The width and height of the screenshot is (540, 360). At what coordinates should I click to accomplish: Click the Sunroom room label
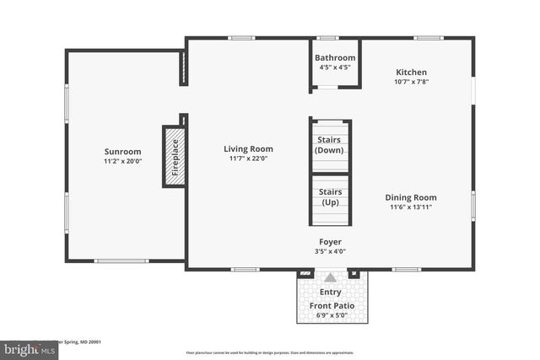click(x=122, y=152)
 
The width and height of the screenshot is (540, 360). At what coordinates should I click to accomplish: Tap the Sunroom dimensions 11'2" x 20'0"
click(x=122, y=161)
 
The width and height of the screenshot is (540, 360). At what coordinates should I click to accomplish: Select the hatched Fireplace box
click(x=174, y=155)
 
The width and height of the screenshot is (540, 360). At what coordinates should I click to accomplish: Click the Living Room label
click(x=248, y=149)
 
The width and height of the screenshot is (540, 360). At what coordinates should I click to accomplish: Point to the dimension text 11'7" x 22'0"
click(x=248, y=159)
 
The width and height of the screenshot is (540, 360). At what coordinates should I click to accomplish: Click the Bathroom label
click(x=335, y=58)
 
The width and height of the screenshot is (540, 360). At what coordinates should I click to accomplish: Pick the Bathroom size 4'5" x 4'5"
click(x=335, y=67)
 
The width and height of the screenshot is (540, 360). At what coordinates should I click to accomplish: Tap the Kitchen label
click(x=411, y=73)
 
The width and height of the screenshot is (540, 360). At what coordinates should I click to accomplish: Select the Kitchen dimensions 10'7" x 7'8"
click(x=411, y=82)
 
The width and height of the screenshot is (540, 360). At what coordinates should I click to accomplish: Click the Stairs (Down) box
click(x=329, y=145)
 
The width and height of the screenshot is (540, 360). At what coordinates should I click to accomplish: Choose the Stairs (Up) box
click(x=330, y=196)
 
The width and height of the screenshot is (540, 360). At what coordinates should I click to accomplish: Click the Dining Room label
click(x=413, y=197)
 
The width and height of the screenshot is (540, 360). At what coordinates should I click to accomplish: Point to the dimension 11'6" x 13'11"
click(x=413, y=207)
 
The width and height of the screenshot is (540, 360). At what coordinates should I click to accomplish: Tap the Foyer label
click(x=329, y=241)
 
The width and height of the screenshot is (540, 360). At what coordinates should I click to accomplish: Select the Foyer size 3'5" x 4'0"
click(x=329, y=250)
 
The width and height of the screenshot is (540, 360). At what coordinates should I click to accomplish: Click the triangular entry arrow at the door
click(x=330, y=277)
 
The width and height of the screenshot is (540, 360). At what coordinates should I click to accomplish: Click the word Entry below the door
click(x=330, y=292)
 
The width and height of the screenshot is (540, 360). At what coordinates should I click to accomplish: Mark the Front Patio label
click(x=331, y=305)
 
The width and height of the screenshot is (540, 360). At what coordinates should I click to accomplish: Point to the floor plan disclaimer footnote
click(x=270, y=352)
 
